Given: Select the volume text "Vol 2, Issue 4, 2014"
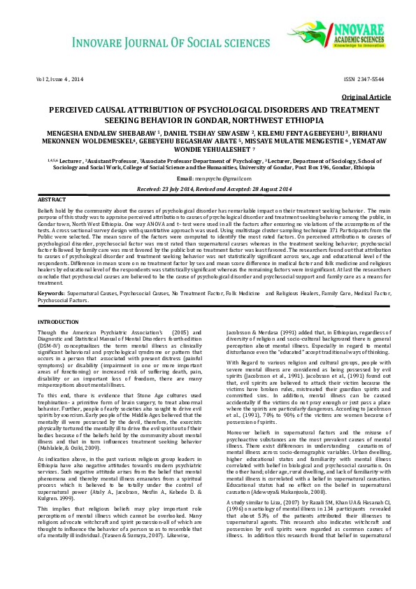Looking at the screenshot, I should (x=59, y=79).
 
